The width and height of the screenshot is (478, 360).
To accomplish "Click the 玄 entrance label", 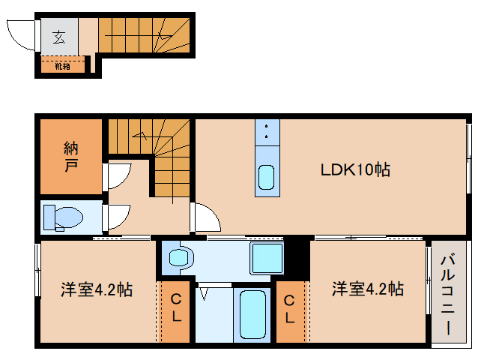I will tap(58, 35).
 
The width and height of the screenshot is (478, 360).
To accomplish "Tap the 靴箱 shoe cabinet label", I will tap(62, 67).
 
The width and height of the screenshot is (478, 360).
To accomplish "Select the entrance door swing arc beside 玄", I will tap(21, 34).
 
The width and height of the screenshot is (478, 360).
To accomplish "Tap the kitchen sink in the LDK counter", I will tap(267, 178).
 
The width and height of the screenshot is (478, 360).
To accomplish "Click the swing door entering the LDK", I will tap(205, 218).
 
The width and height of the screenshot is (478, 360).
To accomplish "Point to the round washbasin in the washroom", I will tap(179, 258).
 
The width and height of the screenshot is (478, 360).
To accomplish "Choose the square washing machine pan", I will tap(266, 257).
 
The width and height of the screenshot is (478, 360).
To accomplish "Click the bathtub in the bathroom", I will tap(252, 315).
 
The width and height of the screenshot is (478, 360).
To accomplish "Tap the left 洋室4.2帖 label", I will tap(97, 289).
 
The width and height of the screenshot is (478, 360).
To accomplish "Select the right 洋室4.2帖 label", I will tap(368, 289).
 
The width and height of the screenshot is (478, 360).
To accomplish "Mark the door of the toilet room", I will tap(116, 218).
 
